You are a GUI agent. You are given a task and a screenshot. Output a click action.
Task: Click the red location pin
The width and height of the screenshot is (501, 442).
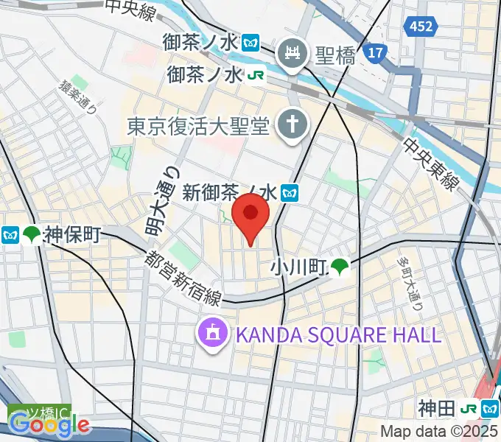(x=251, y=214)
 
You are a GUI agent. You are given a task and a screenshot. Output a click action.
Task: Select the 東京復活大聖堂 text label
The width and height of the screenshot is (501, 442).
(x=199, y=126)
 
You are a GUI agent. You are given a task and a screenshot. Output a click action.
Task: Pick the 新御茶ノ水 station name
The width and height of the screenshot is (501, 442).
(x=229, y=193)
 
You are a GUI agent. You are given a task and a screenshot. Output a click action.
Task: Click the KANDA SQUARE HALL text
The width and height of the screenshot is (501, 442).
(x=337, y=335)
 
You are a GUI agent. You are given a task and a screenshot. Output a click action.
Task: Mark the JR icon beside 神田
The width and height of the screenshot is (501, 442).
(x=468, y=409)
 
